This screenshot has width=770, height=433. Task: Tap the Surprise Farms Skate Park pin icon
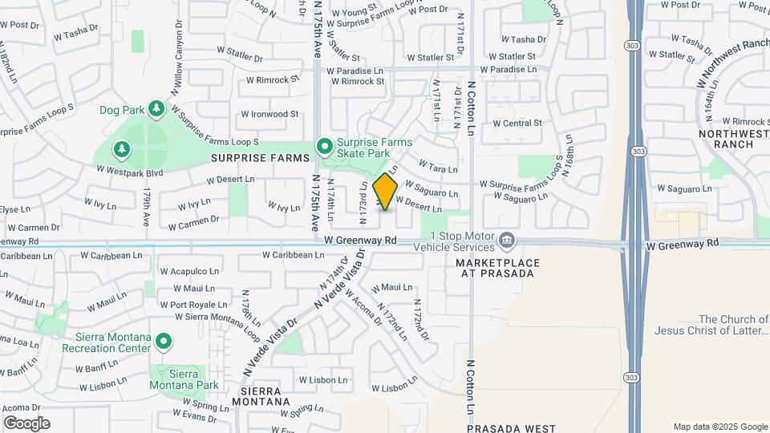pos(324,146)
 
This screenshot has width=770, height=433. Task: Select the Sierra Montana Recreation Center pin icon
pos(164,342)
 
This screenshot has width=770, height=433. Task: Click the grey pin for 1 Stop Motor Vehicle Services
pos(507,240)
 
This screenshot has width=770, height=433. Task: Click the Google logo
pos(26,423)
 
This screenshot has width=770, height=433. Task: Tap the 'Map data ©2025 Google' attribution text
pos(719,427)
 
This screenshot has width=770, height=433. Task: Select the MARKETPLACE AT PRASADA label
pos(494,268)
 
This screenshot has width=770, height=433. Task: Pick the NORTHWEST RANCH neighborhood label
pos(726,139)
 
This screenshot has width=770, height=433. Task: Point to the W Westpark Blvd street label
pos(129,170)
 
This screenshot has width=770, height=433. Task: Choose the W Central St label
pos(517,123)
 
